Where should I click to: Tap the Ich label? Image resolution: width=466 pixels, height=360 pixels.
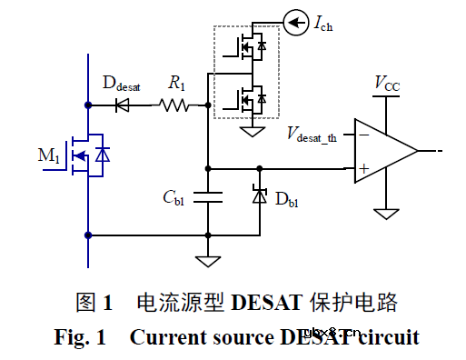point(325,23)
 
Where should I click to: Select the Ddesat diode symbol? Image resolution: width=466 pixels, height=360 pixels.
point(123,105)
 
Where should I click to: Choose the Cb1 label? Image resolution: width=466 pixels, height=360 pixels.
point(174,200)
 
